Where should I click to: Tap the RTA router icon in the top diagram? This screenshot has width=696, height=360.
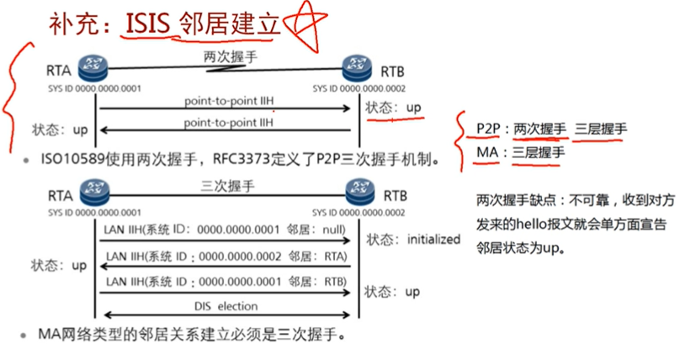click(88, 68)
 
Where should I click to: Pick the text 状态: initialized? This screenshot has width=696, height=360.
click(413, 239)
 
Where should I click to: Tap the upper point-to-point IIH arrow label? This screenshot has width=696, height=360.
click(229, 101)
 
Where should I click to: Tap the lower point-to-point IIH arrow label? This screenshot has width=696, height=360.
click(229, 123)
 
